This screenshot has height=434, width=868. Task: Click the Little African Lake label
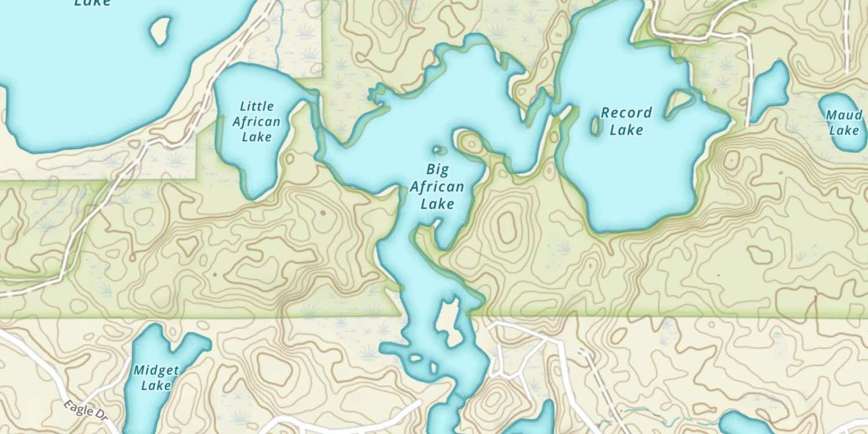256,122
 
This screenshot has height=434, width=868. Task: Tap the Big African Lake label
437,186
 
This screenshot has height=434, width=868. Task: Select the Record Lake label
626,121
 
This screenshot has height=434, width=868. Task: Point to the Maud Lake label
843,123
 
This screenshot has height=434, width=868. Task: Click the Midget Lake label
156,377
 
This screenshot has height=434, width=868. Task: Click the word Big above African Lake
437,170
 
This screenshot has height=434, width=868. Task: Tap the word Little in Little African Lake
257,106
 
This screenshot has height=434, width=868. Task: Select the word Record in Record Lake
626,113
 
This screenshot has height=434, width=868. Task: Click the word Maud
843,115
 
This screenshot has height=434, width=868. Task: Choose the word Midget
156,370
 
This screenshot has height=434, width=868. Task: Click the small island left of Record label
595,126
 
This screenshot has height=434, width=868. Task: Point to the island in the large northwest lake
160,31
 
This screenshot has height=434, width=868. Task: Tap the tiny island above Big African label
440,150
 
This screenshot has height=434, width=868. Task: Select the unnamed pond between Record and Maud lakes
770,89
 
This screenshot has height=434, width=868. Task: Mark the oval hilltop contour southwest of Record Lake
507,226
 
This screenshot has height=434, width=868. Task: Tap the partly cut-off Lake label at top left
93,3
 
